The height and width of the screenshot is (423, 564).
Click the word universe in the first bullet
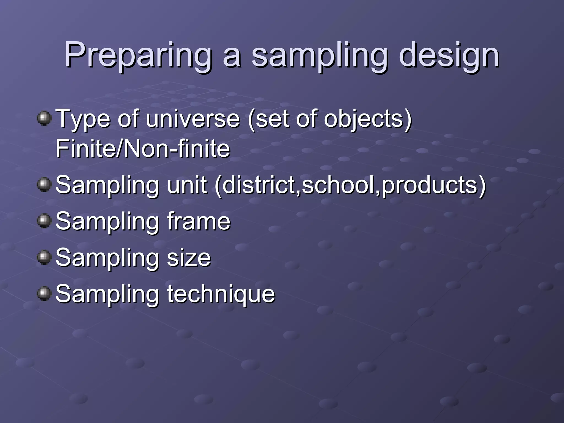[193, 119]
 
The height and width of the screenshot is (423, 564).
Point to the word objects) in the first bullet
[368, 119]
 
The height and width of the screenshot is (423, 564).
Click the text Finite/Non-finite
[143, 149]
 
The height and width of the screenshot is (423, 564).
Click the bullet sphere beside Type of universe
[44, 118]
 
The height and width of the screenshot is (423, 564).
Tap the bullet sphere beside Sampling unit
[44, 185]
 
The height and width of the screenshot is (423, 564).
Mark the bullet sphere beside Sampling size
[44, 257]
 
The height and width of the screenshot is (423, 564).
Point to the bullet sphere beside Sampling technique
[44, 294]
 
